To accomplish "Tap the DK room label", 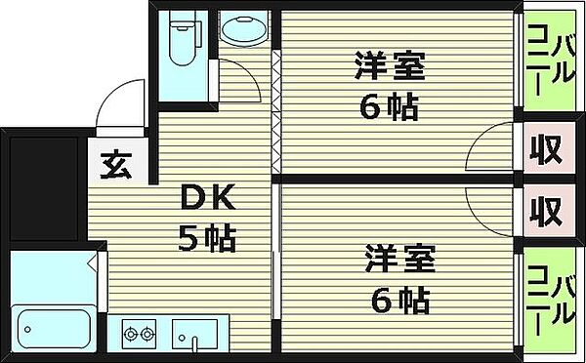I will pos(205,200).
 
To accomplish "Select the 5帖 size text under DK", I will pos(206,237).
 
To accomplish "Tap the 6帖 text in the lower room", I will pos(398,300).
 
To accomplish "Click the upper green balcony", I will pos(549,62).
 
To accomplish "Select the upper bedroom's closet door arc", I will pos(494,154).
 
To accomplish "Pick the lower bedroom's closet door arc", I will pos(494,207).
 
